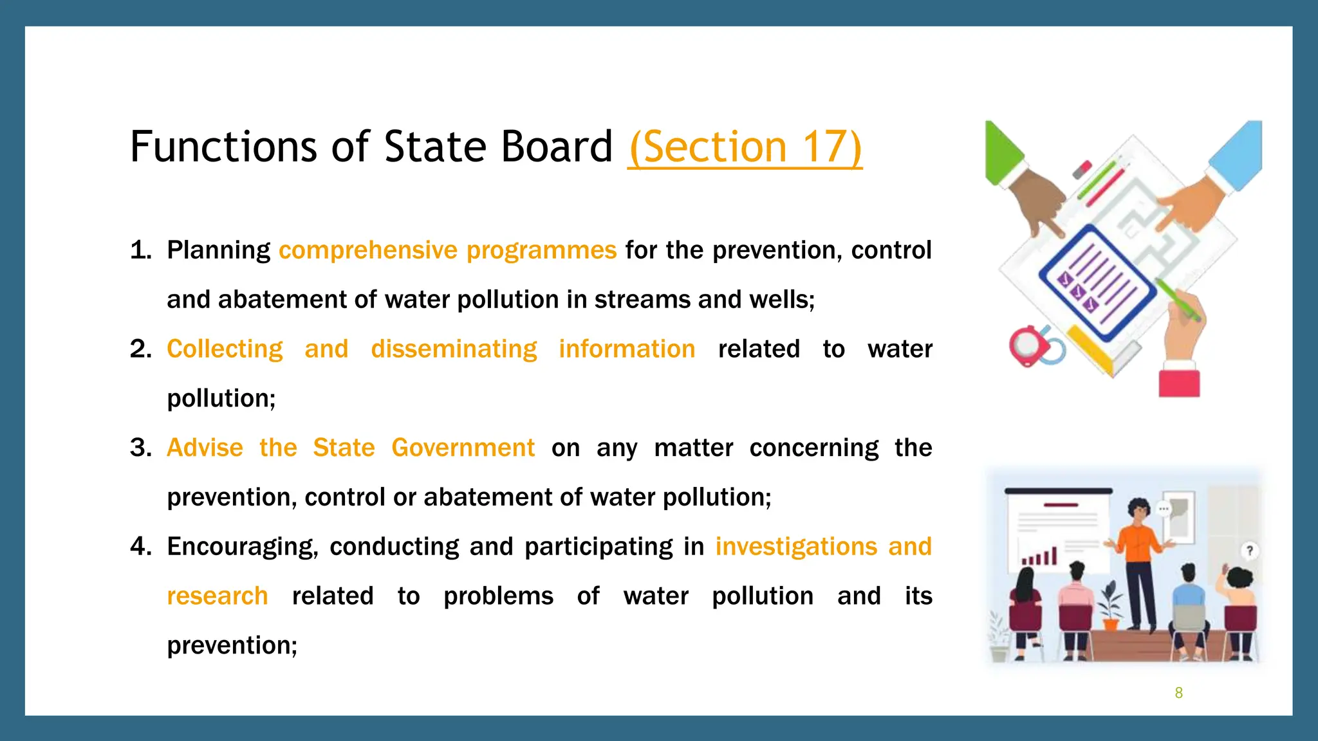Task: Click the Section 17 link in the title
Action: [x=745, y=147]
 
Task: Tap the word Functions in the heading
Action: [x=224, y=147]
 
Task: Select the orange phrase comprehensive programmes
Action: [x=447, y=250]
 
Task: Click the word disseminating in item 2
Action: [x=454, y=349]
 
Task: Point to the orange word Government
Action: [x=463, y=448]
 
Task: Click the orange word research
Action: [x=217, y=596]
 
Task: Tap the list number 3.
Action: [x=140, y=448]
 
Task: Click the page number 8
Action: [x=1178, y=693]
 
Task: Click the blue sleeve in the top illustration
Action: [x=1239, y=154]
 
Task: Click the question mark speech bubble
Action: [x=1249, y=551]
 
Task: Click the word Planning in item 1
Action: [x=218, y=250]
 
